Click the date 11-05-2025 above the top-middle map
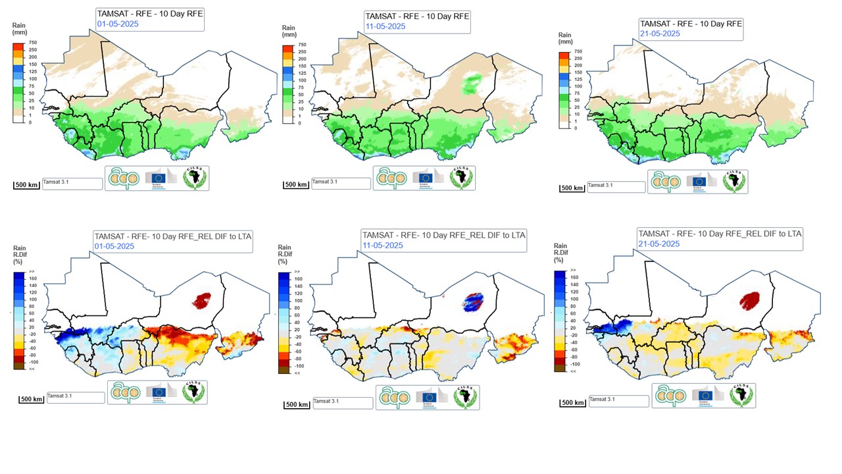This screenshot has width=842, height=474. [385, 26]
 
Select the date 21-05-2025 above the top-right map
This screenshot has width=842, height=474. [660, 34]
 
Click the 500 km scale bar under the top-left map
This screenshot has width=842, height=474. [27, 184]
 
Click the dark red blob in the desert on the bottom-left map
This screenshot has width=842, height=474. [201, 302]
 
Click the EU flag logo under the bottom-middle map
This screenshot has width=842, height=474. [429, 398]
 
